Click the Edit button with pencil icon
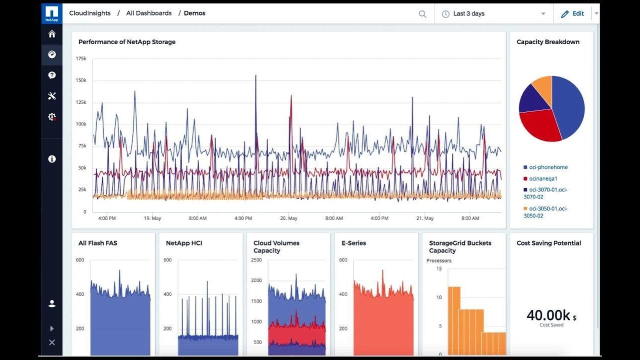572,14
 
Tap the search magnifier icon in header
422,14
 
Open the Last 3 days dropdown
493,14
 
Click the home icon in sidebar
52,34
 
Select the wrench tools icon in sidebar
52,96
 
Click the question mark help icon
52,75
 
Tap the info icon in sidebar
52,159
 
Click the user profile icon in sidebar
52,303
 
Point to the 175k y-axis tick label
80,58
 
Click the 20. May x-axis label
288,218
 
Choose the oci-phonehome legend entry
548,167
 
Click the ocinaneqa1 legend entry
543,178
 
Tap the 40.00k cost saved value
548,315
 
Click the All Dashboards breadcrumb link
148,13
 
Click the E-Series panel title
353,243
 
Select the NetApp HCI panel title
184,243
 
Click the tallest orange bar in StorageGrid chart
453,320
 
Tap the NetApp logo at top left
52,13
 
